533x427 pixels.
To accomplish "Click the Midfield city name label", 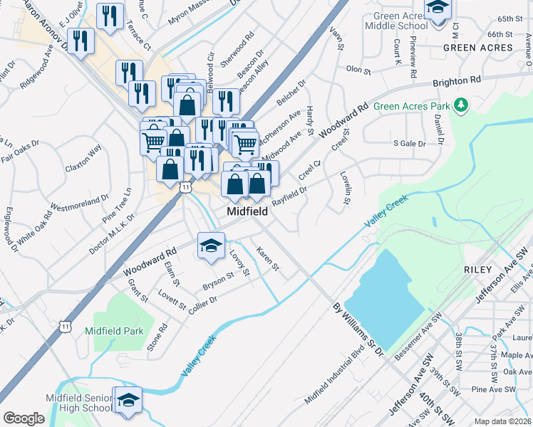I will point(247,212).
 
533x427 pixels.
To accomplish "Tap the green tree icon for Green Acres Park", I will point(461,106).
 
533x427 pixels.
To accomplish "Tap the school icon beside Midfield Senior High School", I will point(128,400).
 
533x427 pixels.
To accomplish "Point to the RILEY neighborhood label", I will point(477,270).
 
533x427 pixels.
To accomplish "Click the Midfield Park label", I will point(114,331).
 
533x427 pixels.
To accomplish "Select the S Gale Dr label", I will point(409,143).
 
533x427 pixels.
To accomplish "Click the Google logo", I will point(24,418).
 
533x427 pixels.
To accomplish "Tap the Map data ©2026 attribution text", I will point(502,421).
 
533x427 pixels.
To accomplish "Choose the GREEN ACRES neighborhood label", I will point(477,48).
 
